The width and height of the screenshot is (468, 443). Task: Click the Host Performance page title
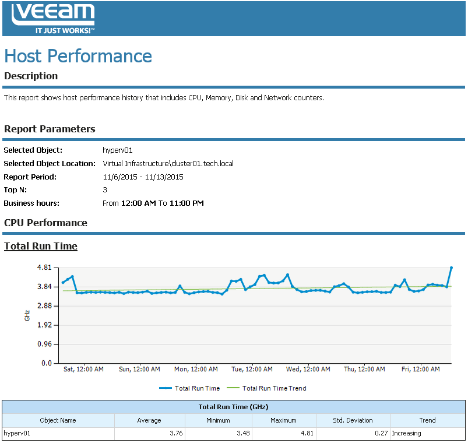pos(78,56)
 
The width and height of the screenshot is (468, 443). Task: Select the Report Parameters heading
pos(50,129)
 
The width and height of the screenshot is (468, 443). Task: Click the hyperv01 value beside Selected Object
pos(118,150)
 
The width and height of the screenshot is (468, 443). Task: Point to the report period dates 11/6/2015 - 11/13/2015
pos(143,177)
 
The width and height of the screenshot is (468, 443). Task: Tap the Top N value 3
pos(105,190)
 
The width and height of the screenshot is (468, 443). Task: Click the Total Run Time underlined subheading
pos(41,246)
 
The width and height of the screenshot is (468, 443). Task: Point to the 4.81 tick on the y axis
pos(44,268)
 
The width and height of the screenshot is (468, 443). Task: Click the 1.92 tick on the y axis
pos(44,325)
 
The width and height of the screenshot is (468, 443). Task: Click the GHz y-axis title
pos(27,316)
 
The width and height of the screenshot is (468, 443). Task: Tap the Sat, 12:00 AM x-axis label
pos(83,370)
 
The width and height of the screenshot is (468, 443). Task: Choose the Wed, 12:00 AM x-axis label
pos(308,370)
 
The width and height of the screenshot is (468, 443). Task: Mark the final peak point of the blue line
pos(451,268)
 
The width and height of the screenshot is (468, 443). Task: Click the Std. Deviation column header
pos(353,420)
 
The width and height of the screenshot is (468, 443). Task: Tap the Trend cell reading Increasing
pos(406,434)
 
